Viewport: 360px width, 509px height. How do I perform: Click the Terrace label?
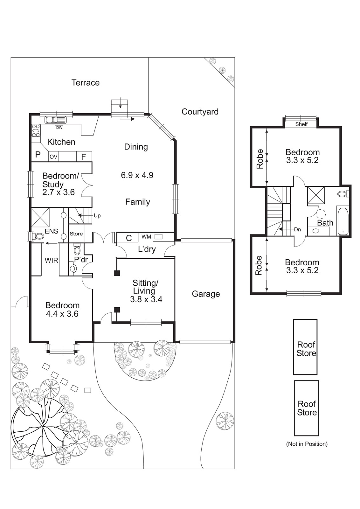coord(86,83)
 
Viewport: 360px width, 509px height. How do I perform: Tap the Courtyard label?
coord(200,112)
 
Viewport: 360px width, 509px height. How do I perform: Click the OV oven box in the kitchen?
coord(53,157)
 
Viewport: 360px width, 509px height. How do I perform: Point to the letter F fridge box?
coord(84,157)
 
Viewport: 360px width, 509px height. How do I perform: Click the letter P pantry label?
coord(38,155)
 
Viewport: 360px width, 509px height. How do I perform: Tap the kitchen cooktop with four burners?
coord(36,130)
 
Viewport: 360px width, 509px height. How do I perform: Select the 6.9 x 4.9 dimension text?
coord(137,175)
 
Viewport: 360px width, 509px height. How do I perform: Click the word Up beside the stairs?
coord(97,216)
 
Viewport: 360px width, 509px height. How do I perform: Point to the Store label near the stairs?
coord(76,234)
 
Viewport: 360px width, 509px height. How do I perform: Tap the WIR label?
coord(51,261)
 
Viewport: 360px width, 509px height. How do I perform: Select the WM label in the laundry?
coord(146,237)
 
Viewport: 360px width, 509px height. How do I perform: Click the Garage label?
coord(206,294)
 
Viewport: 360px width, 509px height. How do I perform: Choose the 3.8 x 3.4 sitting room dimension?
coord(146,299)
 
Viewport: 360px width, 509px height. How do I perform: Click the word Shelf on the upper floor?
coord(301,124)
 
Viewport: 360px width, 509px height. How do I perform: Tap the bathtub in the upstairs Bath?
coord(343,221)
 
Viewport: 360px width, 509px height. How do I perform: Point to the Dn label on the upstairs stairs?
coord(297,229)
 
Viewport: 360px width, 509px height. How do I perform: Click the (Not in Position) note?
coord(307,444)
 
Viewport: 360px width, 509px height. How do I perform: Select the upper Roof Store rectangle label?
coord(306,349)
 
